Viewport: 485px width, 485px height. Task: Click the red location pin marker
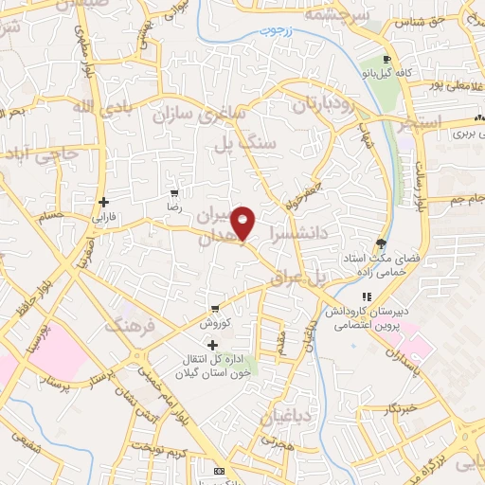tap(243, 223)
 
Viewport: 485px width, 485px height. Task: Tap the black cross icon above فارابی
tap(103, 202)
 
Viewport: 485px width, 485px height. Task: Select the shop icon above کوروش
tap(215, 307)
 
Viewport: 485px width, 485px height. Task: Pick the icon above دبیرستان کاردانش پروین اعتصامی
tap(367, 296)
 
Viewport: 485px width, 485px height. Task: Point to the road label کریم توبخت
tap(156, 445)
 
